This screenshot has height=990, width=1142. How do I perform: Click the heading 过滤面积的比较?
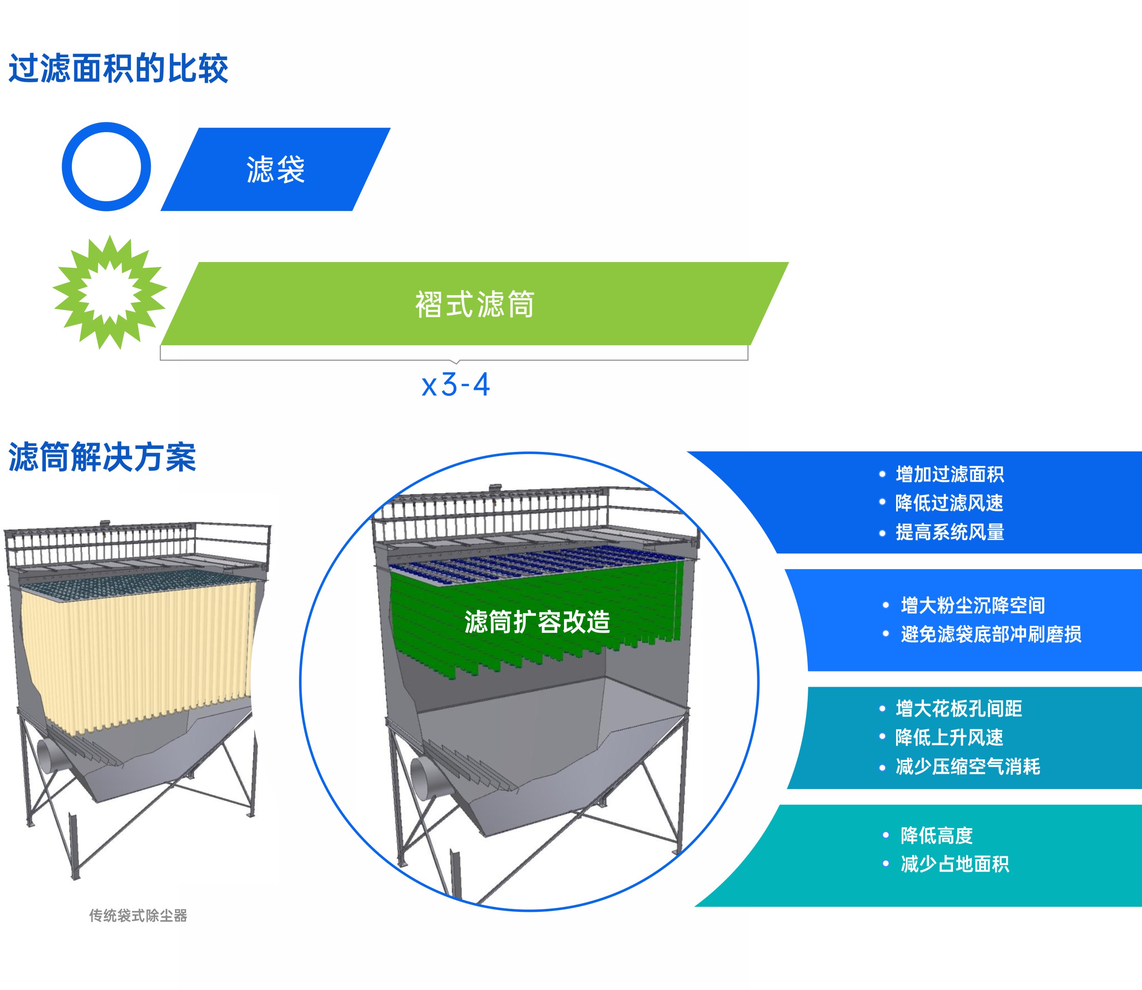tap(118, 68)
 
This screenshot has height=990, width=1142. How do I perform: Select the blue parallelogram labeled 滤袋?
tap(275, 169)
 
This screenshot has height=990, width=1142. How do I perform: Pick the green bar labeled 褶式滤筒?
tap(474, 303)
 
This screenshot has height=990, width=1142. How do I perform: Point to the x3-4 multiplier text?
tap(456, 385)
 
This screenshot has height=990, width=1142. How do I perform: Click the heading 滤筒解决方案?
tap(102, 457)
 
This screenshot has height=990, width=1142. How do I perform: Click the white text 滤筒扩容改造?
tap(537, 621)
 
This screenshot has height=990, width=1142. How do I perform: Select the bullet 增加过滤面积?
tap(949, 474)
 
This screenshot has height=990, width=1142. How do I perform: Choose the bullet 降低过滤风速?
tap(949, 503)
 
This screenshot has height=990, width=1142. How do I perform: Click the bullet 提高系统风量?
tap(949, 532)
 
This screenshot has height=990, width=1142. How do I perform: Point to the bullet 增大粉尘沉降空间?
tap(973, 605)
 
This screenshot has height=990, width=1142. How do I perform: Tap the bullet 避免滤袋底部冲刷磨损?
tap(991, 634)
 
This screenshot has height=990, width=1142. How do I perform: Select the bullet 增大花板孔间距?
tap(959, 708)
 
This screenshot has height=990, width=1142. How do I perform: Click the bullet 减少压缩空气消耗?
tap(967, 766)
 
